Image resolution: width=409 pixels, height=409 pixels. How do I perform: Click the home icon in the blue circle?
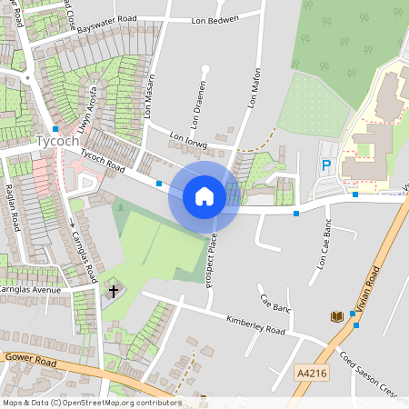click(204, 196)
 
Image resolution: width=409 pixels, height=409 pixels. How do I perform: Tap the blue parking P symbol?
click(326, 166)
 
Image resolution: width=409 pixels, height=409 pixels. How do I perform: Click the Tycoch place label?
click(59, 143)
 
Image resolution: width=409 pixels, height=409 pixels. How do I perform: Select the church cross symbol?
click(114, 292)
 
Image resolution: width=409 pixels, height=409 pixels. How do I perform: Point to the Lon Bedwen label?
click(215, 19)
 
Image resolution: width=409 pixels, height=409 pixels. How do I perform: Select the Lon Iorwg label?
click(189, 141)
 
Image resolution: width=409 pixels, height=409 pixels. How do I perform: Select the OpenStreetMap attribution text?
click(91, 402)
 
